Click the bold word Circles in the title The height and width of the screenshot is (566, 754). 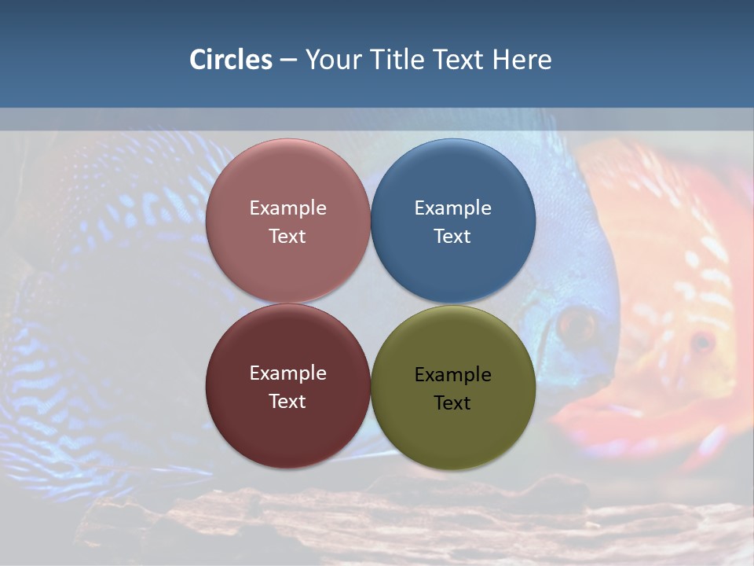coord(231,60)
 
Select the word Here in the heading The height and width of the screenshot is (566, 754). coord(522,60)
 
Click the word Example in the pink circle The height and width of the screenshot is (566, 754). coord(287,208)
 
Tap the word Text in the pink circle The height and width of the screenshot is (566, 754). coord(287,237)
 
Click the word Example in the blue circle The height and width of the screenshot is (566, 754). coord(453,208)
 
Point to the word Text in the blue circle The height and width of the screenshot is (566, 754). coord(452,237)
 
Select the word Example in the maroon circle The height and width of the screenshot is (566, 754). coord(287,373)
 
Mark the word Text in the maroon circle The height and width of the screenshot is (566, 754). coord(287,402)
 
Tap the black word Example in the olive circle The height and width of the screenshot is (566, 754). coord(453,375)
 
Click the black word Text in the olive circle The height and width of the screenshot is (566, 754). coord(452,403)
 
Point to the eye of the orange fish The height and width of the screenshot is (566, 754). coord(701,342)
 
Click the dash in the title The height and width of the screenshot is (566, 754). coord(288,61)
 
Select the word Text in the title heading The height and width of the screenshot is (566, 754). coord(459,60)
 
